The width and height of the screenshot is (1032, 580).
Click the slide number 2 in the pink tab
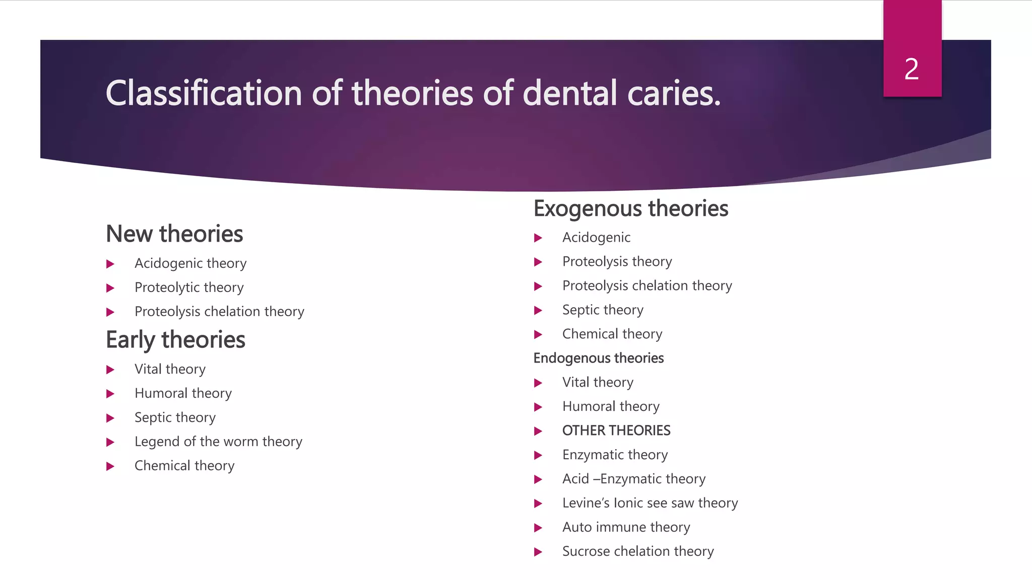pyautogui.click(x=912, y=69)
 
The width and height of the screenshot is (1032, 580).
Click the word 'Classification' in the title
pyautogui.click(x=203, y=93)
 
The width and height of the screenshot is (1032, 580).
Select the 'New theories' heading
pyautogui.click(x=174, y=234)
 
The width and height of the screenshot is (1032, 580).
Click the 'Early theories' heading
pyautogui.click(x=175, y=340)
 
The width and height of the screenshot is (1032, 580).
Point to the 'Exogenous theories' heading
pyautogui.click(x=631, y=208)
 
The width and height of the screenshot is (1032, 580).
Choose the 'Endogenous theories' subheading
pyautogui.click(x=598, y=358)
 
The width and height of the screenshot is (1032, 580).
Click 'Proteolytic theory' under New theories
pyautogui.click(x=189, y=287)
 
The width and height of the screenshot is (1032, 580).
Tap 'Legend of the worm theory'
pyautogui.click(x=218, y=442)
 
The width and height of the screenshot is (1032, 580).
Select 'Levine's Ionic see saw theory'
pyautogui.click(x=650, y=503)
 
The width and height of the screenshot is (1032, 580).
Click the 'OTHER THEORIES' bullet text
pyautogui.click(x=616, y=430)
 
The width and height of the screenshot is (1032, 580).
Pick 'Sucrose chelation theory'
pyautogui.click(x=638, y=551)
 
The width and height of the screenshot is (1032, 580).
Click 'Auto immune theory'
pyautogui.click(x=626, y=527)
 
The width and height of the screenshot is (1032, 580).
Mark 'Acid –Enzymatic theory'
pyautogui.click(x=634, y=479)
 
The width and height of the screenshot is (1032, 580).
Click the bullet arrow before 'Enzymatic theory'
pyautogui.click(x=538, y=455)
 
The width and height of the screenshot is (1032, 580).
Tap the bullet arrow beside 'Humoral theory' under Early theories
pyautogui.click(x=110, y=394)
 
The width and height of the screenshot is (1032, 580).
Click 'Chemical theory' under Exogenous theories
pyautogui.click(x=612, y=334)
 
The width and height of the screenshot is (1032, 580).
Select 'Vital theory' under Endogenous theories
pyautogui.click(x=598, y=382)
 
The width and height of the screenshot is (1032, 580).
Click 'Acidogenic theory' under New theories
pyautogui.click(x=190, y=263)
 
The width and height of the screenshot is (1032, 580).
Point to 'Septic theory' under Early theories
pyautogui.click(x=175, y=417)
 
